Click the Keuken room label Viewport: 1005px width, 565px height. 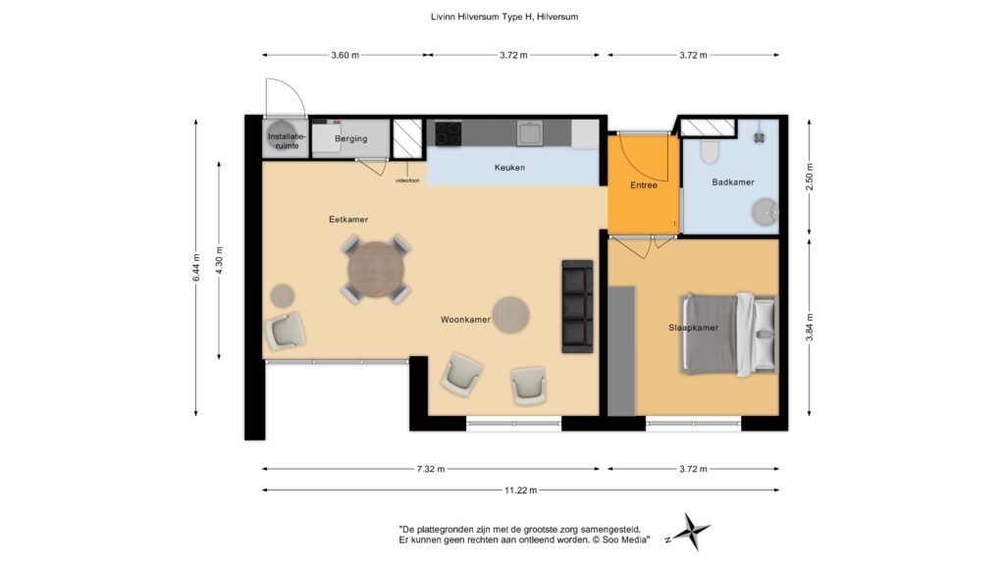509,168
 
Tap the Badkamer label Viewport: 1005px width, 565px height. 732,181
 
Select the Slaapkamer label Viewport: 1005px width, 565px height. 693,328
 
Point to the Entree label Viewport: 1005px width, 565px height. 644,185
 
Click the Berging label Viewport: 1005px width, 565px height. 350,138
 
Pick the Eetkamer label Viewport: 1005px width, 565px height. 348,219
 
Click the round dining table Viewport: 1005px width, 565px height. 376,270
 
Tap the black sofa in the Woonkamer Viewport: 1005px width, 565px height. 577,306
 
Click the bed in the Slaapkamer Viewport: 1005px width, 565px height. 729,334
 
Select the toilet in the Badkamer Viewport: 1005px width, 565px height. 710,152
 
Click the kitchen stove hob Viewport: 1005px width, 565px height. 448,133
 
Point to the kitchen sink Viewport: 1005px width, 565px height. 530,133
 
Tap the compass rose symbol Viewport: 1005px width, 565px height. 691,532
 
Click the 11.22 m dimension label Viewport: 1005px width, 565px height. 520,490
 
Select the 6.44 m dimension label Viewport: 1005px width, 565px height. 196,267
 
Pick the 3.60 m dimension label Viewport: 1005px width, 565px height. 344,55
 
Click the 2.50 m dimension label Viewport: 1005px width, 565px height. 810,178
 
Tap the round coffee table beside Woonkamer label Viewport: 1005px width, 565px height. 510,315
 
